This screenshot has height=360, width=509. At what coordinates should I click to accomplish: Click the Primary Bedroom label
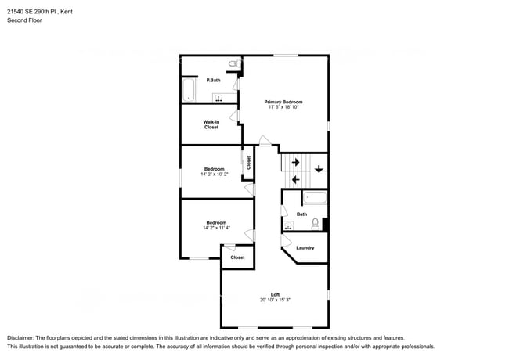283,102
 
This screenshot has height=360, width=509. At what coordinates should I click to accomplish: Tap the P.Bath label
211,81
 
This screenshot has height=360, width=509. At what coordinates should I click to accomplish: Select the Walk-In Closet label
211,124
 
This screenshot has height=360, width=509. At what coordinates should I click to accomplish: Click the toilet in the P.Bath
233,63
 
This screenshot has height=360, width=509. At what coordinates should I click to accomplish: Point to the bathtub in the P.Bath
188,90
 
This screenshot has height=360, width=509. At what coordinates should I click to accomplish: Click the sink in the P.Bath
219,98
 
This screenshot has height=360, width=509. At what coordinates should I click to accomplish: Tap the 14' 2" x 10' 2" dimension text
215,175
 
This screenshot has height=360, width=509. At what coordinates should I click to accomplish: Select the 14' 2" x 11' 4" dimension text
215,228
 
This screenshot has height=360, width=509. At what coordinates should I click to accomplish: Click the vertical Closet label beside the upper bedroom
248,163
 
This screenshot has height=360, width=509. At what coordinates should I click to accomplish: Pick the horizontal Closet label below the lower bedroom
237,257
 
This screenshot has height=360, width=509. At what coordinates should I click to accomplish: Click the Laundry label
305,248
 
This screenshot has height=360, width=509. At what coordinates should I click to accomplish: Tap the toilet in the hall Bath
316,224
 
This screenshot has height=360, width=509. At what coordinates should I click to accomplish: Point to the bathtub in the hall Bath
315,198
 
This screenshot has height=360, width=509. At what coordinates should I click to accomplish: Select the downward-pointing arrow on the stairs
319,168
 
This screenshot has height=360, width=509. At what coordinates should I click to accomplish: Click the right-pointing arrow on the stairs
295,162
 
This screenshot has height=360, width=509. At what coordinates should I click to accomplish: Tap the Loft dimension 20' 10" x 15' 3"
275,300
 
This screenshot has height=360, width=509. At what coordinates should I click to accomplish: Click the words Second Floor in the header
26,20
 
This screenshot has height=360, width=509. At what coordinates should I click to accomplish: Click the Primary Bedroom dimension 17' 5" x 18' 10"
283,107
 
